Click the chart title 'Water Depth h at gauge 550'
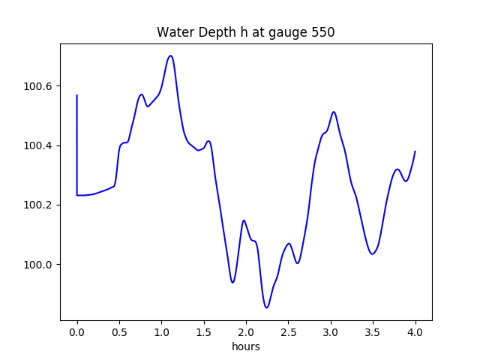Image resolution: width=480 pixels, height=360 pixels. pyautogui.click(x=245, y=32)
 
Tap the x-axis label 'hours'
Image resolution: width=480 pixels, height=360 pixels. pyautogui.click(x=245, y=346)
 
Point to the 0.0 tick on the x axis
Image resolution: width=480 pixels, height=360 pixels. pyautogui.click(x=77, y=332)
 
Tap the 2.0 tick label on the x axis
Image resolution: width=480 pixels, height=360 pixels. pyautogui.click(x=246, y=332)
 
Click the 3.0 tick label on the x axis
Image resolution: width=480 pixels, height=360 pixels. pyautogui.click(x=331, y=332)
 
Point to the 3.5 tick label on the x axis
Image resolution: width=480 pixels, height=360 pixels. pyautogui.click(x=373, y=332)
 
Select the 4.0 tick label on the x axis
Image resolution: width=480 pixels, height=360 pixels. pyautogui.click(x=415, y=332)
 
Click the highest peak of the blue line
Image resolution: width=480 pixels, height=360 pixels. pyautogui.click(x=171, y=55)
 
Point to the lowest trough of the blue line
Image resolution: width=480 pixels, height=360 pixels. pyautogui.click(x=266, y=307)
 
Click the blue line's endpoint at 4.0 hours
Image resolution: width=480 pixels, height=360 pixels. pyautogui.click(x=415, y=151)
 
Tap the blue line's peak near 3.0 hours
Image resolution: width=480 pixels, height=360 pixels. pyautogui.click(x=334, y=112)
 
